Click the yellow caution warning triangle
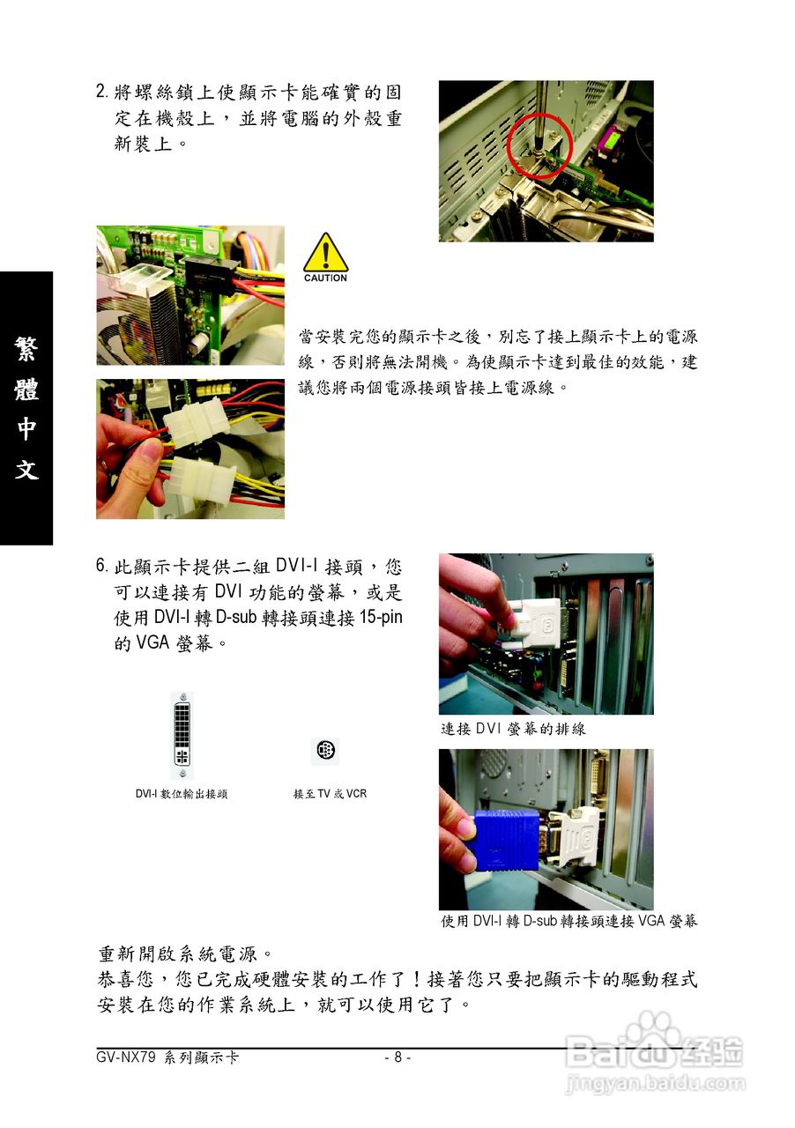[325, 252]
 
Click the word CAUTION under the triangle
[325, 278]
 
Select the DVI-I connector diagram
[182, 736]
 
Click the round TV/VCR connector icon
[325, 751]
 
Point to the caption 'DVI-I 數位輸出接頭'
[182, 794]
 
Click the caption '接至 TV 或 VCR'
[330, 794]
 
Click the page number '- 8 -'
[397, 1057]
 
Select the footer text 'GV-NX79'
[126, 1057]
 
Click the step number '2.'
[102, 92]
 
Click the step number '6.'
[102, 566]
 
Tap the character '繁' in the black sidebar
[26, 348]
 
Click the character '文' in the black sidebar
[26, 470]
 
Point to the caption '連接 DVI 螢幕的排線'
[513, 729]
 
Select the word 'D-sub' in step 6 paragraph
[236, 618]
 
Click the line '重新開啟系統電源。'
[185, 954]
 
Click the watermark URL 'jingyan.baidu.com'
[656, 1082]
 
